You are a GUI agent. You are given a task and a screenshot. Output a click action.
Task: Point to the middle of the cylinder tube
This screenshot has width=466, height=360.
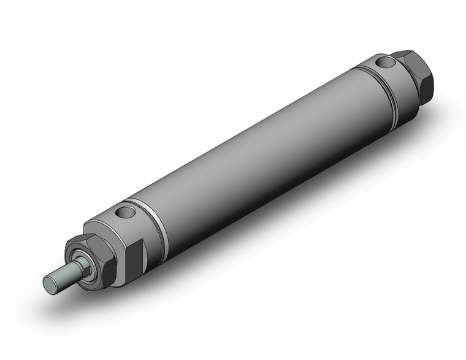click(258, 153)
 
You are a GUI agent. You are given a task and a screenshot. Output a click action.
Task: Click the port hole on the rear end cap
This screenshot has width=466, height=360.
click(384, 63)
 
